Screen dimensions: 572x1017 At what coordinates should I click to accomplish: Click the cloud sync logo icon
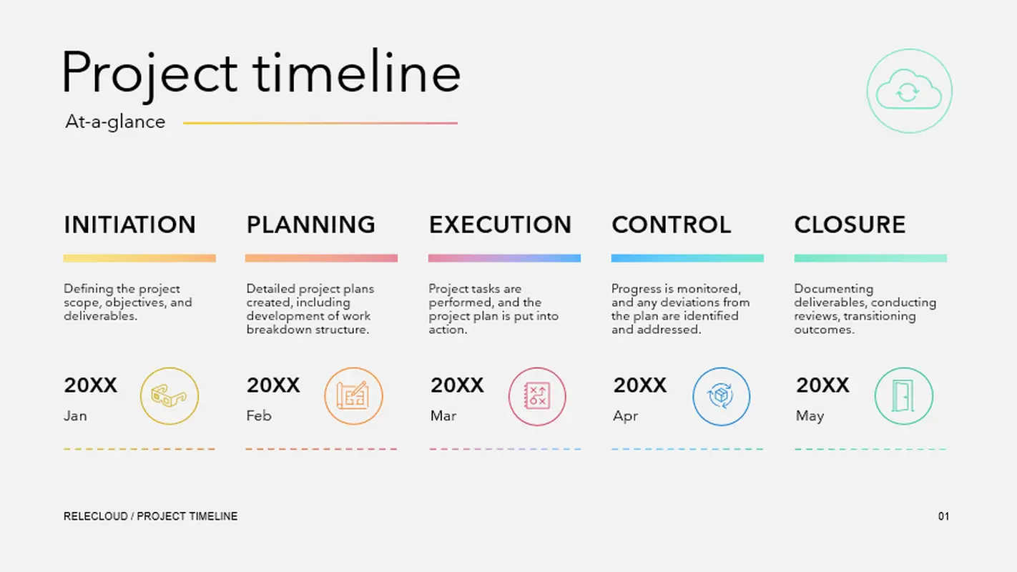pos(909,92)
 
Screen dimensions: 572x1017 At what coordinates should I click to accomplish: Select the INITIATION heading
pos(129,225)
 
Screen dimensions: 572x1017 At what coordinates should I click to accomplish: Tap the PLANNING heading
pos(310,225)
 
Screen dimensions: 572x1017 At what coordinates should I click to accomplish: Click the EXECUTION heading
pos(500,225)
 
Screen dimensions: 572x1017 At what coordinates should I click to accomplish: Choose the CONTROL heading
pos(671,225)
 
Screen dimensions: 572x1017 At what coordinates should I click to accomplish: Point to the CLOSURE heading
pos(850,225)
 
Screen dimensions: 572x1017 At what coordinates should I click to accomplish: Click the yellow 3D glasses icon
pos(169,396)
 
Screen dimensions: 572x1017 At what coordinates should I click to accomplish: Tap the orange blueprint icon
pos(353,396)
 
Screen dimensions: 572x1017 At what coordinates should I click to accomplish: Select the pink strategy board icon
pos(537,396)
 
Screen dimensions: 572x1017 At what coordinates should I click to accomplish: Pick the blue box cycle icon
pos(721,396)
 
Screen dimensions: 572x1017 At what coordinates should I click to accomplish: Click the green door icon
pos(903,396)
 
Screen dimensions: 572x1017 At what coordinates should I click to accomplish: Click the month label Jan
pos(75,415)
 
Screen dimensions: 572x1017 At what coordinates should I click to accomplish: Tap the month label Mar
pos(443,415)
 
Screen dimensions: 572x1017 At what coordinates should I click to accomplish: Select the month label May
pos(810,415)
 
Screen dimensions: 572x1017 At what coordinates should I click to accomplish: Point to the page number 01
pos(943,516)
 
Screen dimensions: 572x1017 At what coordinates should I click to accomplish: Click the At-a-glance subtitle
pos(115,122)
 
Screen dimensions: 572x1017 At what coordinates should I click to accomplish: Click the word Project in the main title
pos(149,73)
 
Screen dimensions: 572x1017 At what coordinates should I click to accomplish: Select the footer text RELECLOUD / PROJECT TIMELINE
pos(150,516)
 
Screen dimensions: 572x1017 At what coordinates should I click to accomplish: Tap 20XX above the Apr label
pos(639,385)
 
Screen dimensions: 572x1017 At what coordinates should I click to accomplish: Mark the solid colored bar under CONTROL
pos(687,258)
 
